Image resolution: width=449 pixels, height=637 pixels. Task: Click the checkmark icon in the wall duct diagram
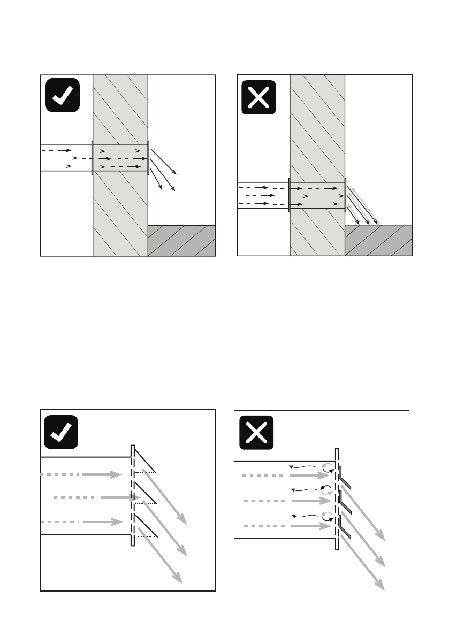pos(63,95)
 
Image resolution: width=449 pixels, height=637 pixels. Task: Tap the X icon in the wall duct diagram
pos(258,97)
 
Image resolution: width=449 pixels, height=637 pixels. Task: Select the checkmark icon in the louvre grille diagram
pos(61,432)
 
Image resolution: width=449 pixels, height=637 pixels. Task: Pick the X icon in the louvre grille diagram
pos(256,433)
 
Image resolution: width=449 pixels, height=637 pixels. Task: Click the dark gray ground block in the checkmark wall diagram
pos(181,240)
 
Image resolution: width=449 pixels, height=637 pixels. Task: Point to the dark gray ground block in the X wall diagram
pos(378,240)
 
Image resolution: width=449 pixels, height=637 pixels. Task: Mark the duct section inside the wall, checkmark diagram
pos(120,158)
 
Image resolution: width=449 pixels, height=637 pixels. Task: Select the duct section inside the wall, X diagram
pos(317,195)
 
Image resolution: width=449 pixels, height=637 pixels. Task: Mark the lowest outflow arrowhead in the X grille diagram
pos(380,585)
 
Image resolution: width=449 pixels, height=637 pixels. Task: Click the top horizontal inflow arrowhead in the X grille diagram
pos(324,475)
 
